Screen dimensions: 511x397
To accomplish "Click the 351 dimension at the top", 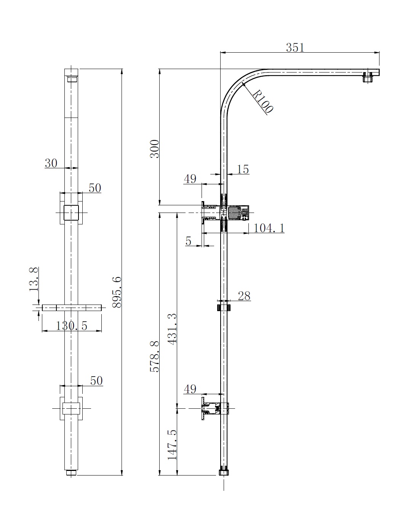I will (x=295, y=47).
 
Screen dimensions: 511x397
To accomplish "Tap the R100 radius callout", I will (x=263, y=102).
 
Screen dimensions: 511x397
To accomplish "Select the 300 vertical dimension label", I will (x=154, y=149).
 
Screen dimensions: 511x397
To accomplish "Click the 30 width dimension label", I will (x=51, y=163).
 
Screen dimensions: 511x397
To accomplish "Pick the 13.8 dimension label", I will (x=34, y=279).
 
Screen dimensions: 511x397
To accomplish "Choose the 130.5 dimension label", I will (x=72, y=326).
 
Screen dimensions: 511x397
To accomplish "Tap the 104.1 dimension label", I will (x=269, y=228).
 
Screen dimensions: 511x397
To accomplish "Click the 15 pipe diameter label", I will (x=243, y=169).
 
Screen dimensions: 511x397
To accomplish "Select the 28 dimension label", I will (x=244, y=296).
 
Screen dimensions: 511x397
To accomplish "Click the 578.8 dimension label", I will (x=154, y=357).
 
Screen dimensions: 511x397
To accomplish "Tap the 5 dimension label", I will (x=189, y=241).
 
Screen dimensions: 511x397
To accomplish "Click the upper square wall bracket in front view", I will (x=71, y=212).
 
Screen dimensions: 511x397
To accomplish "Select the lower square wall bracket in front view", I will (x=71, y=408).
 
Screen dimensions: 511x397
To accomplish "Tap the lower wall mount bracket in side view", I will (x=210, y=408).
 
